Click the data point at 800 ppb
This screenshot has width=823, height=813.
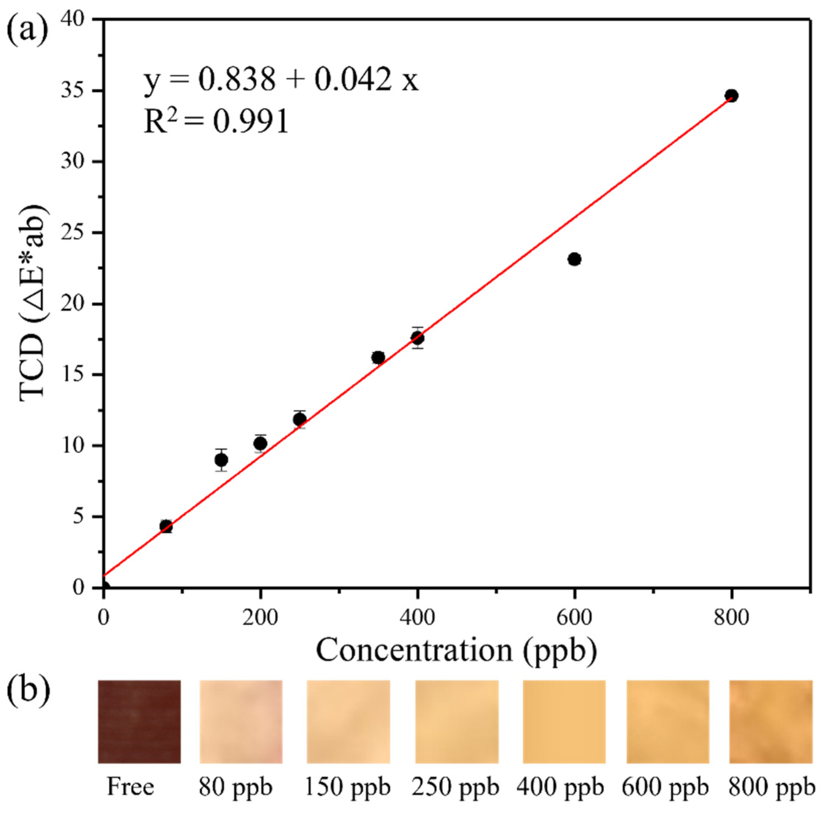731,95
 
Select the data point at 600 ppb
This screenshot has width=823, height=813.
575,259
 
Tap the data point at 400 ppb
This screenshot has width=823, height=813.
418,338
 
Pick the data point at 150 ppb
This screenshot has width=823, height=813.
221,460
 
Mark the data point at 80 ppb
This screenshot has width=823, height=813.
166,526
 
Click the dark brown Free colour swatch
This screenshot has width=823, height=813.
139,722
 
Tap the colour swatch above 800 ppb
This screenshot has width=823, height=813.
771,722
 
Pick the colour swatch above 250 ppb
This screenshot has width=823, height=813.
457,722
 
